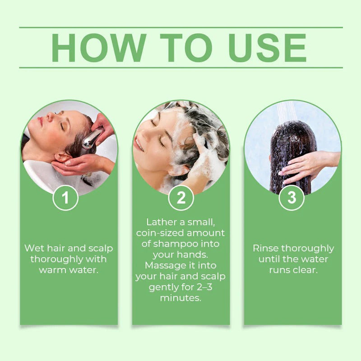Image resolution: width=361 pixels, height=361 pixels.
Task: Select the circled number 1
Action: [65, 198]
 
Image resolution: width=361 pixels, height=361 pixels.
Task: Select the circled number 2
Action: [181, 198]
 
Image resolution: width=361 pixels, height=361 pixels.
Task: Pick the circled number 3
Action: [291, 198]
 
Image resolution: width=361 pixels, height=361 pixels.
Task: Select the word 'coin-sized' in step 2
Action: [160, 233]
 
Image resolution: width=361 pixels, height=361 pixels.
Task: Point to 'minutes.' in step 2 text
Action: [180, 298]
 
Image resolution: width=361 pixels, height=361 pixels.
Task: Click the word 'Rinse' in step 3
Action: [265, 248]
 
